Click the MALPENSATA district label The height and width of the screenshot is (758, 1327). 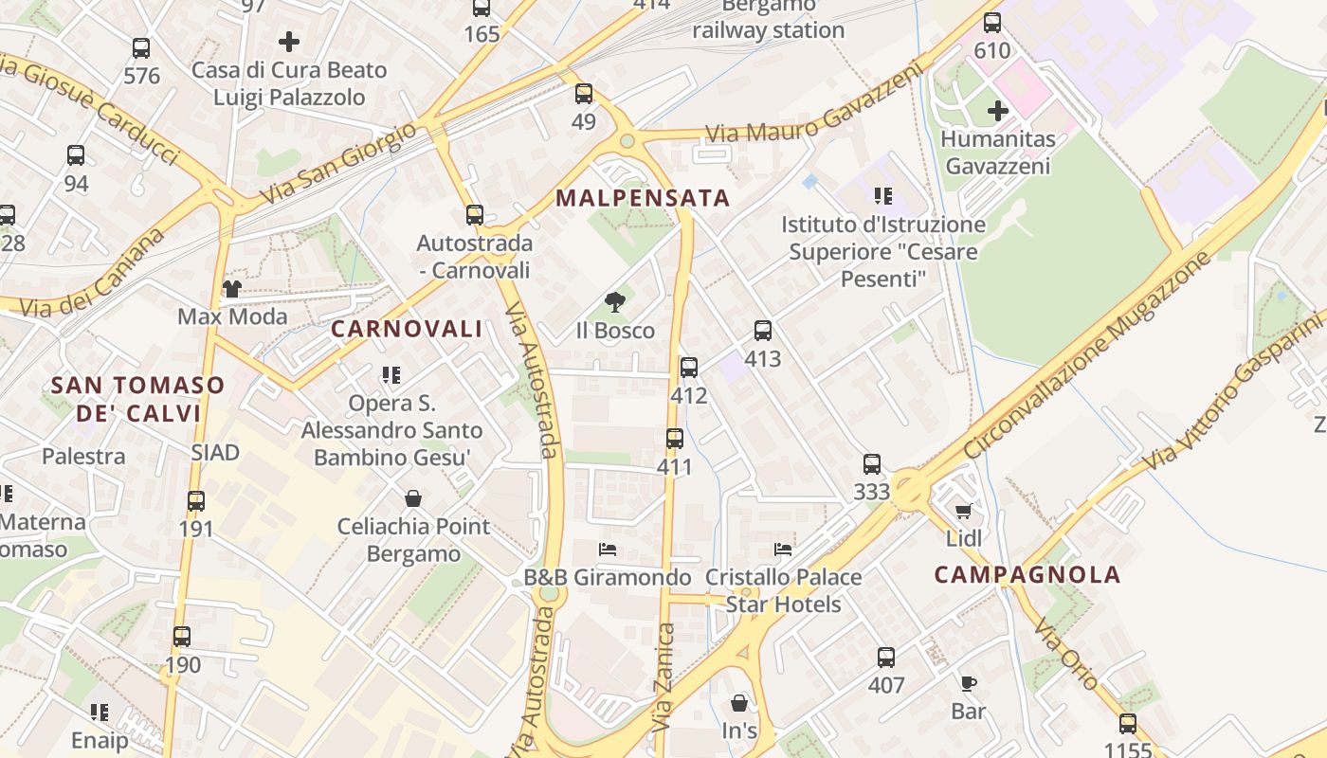click(643, 198)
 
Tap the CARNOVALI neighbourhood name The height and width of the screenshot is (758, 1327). click(406, 330)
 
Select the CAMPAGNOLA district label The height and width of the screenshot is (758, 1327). click(1027, 574)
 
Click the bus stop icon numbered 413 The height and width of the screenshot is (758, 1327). click(763, 331)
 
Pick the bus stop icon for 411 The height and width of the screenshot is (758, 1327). click(675, 439)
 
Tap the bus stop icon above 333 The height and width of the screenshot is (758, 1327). click(872, 464)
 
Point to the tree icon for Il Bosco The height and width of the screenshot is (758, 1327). click(615, 302)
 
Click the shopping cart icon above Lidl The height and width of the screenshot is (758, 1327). click(964, 512)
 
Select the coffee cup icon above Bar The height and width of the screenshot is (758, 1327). click(968, 683)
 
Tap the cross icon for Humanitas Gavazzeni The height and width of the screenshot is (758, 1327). click(997, 111)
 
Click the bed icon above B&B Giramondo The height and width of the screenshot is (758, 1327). click(608, 550)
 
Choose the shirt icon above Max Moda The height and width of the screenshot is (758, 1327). click(232, 288)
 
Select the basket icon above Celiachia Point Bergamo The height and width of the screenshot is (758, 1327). click(413, 498)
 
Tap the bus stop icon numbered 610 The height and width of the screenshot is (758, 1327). click(992, 23)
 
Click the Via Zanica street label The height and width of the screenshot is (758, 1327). click(665, 677)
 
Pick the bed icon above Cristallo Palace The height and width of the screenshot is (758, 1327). click(783, 550)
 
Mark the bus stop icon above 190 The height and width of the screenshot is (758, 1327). click(182, 637)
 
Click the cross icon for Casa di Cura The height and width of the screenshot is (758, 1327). click(289, 42)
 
